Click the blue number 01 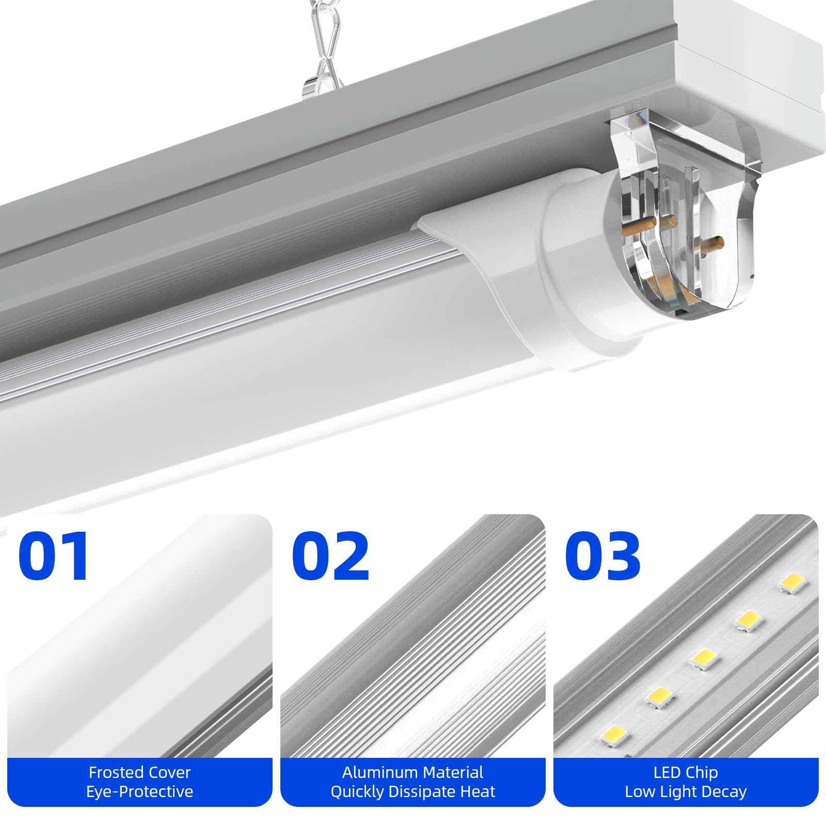(54, 556)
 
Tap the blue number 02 (330, 556)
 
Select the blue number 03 (603, 556)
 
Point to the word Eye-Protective (139, 791)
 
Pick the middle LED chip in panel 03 (703, 659)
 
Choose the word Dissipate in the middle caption (423, 791)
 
